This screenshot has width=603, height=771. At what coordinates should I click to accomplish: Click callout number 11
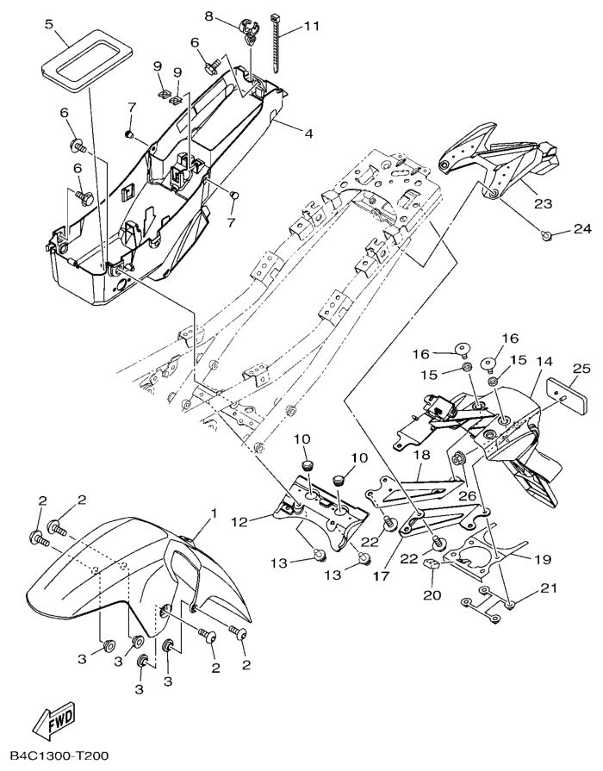(x=311, y=27)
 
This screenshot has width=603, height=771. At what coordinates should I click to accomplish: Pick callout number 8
(x=208, y=16)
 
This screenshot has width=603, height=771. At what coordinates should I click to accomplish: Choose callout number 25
(x=581, y=369)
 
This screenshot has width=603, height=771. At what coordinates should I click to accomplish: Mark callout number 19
(x=541, y=558)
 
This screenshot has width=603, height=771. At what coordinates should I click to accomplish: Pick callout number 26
(x=468, y=495)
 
